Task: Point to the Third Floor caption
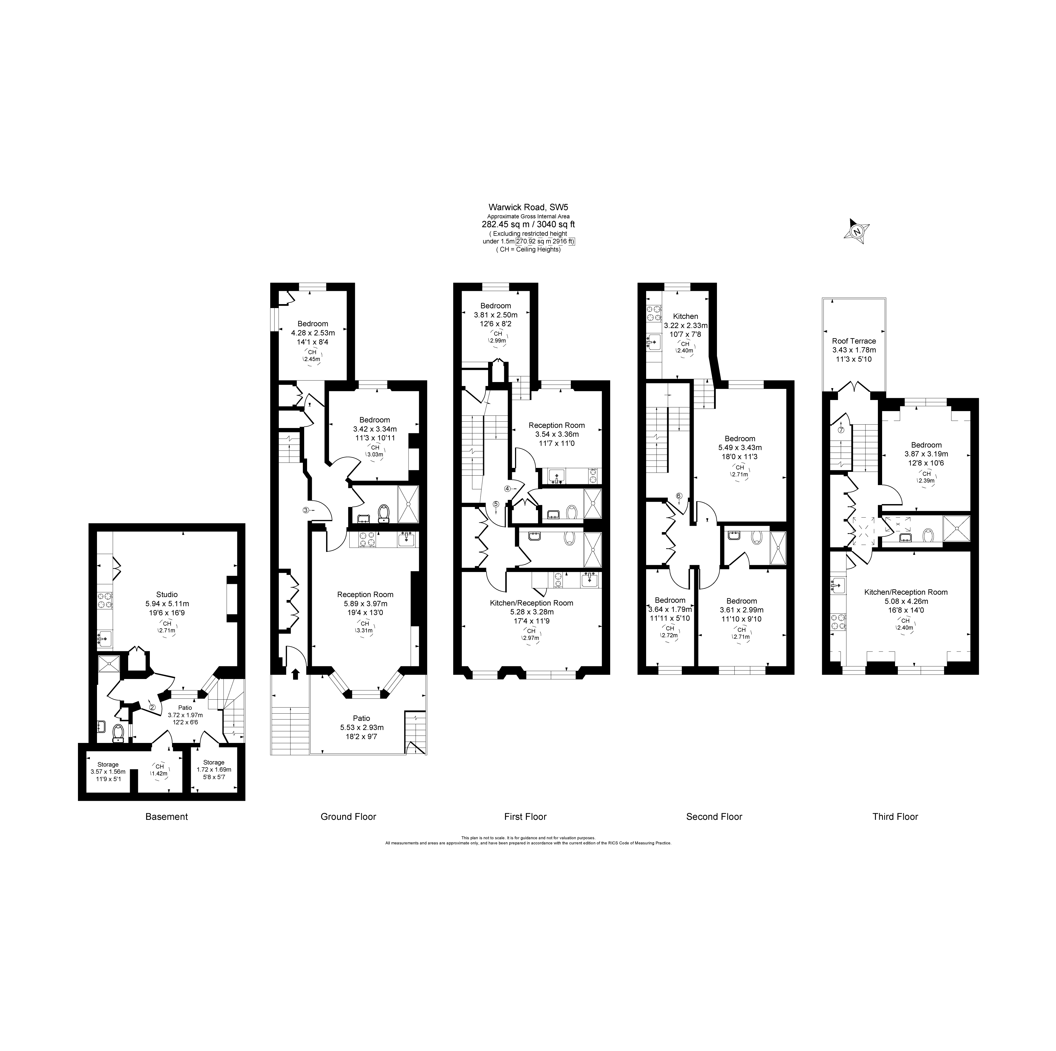[895, 817]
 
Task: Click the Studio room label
[167, 594]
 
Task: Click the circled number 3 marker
[306, 510]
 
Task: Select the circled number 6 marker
[679, 496]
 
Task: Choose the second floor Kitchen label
[686, 316]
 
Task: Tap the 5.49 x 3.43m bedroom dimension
[739, 447]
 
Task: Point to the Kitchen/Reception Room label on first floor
[531, 603]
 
